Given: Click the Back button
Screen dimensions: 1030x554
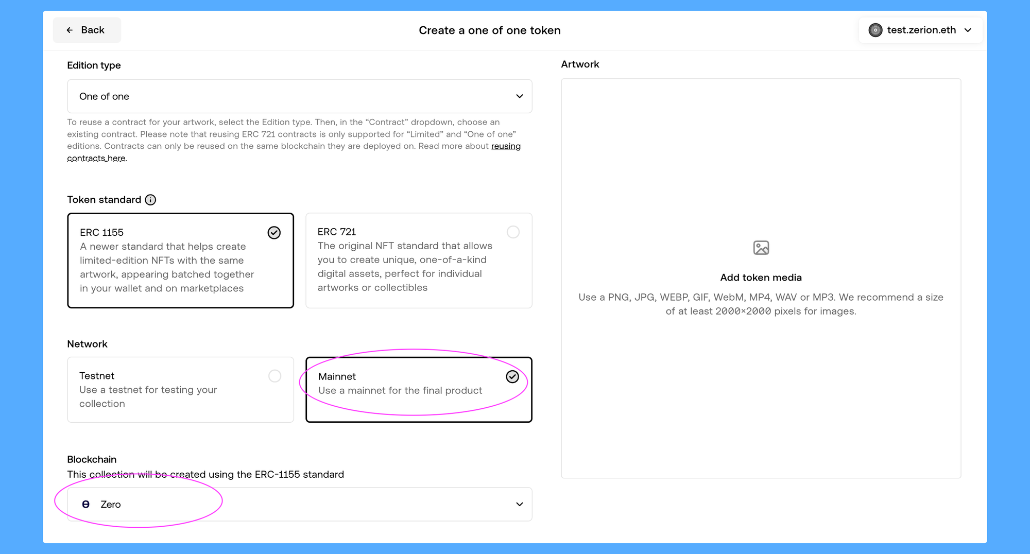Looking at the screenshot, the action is (87, 30).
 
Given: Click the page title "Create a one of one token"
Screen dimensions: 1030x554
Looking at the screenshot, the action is (489, 30).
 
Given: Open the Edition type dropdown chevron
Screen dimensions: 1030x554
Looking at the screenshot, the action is (519, 96).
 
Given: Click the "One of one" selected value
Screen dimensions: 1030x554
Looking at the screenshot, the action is (104, 96).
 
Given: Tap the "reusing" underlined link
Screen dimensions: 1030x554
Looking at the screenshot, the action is (506, 146).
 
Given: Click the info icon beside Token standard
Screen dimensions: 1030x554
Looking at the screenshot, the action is (150, 200).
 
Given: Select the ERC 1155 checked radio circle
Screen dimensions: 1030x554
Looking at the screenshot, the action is (274, 233).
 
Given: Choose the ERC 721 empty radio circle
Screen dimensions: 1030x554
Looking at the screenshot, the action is (513, 232).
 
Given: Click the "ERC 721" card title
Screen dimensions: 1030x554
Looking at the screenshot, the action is (337, 232).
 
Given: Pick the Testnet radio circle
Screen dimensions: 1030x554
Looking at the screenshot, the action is (275, 376).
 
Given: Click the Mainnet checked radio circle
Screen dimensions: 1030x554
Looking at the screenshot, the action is (512, 377).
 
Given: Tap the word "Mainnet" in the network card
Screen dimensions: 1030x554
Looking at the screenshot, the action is (337, 376).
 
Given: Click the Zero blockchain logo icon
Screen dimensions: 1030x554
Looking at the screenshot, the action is (86, 504).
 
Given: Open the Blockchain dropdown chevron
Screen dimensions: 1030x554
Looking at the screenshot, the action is (519, 504).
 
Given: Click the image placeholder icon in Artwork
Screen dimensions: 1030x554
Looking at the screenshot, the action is (761, 248).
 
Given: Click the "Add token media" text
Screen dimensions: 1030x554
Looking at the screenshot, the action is (761, 278).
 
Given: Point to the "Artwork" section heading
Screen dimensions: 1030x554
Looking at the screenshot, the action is (580, 64).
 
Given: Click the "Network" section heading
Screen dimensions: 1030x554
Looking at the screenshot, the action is (87, 344).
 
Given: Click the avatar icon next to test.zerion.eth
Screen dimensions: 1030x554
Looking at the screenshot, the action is (875, 30).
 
